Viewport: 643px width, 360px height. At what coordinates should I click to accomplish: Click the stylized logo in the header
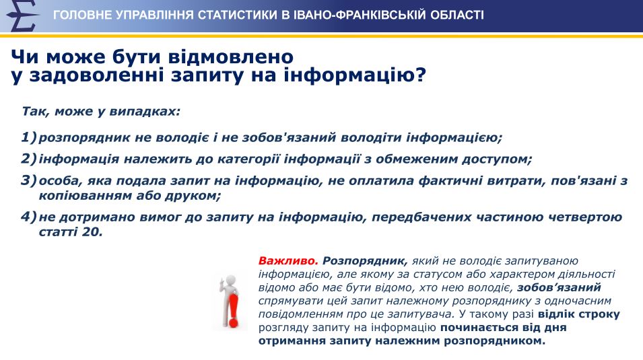(x=22, y=16)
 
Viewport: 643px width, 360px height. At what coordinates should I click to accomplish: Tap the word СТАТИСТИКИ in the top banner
(x=238, y=15)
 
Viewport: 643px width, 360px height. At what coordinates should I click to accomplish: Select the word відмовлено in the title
(x=231, y=57)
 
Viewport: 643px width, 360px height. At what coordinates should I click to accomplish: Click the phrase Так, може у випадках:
(x=101, y=112)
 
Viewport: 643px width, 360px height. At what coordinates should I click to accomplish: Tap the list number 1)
(x=29, y=137)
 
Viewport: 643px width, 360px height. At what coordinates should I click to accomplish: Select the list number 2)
(x=29, y=159)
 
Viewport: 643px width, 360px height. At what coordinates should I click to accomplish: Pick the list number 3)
(x=29, y=180)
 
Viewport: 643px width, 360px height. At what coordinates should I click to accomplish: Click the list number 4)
(x=29, y=217)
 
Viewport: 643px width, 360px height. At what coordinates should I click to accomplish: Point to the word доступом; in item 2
(x=497, y=159)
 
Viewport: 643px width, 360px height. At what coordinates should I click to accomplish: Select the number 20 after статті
(x=91, y=232)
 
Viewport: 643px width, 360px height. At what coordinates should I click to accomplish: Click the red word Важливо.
(x=288, y=261)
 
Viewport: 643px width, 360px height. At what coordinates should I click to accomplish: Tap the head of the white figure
(x=232, y=281)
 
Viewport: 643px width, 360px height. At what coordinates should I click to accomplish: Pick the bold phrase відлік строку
(x=578, y=314)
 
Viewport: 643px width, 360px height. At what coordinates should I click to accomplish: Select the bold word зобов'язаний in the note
(x=559, y=287)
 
